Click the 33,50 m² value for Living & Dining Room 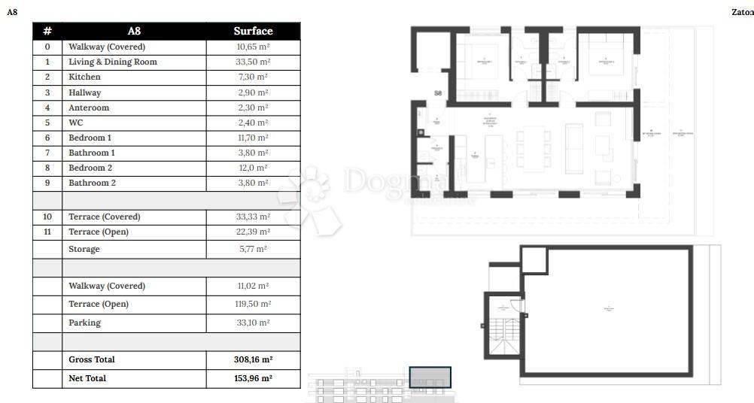pyautogui.click(x=253, y=62)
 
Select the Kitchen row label pyautogui.click(x=84, y=77)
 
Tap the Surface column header pyautogui.click(x=253, y=31)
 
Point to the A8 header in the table pyautogui.click(x=134, y=31)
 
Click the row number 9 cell pyautogui.click(x=47, y=183)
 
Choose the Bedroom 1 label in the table pyautogui.click(x=90, y=138)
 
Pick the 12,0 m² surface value pyautogui.click(x=253, y=168)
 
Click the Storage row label pyautogui.click(x=84, y=249)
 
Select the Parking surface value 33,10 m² pyautogui.click(x=253, y=323)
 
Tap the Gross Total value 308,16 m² pyautogui.click(x=253, y=359)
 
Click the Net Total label pyautogui.click(x=87, y=378)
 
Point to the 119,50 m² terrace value pyautogui.click(x=253, y=304)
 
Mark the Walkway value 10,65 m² pyautogui.click(x=253, y=47)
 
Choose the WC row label pyautogui.click(x=76, y=123)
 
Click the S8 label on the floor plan pyautogui.click(x=438, y=93)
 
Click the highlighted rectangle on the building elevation pyautogui.click(x=430, y=377)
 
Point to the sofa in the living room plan pyautogui.click(x=574, y=148)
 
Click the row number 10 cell pyautogui.click(x=47, y=217)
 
